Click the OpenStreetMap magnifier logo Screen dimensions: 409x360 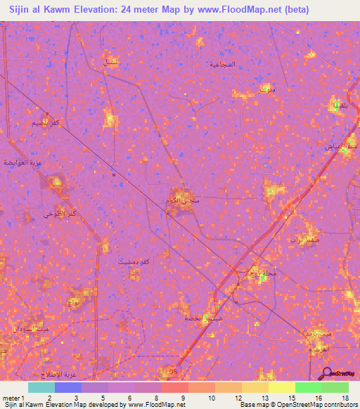point(328,373)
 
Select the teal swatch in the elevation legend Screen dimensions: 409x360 point(41,387)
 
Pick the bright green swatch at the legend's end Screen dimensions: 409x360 point(335,387)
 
